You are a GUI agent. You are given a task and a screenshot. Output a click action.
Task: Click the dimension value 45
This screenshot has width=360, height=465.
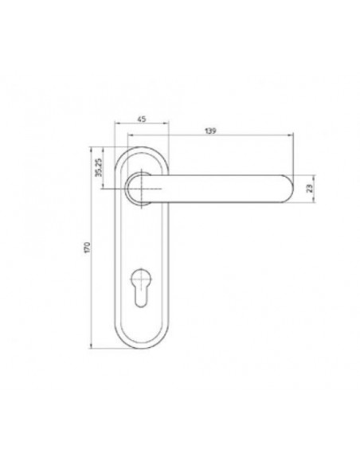142,119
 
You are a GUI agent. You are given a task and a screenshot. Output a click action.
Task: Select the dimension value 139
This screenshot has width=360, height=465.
210,131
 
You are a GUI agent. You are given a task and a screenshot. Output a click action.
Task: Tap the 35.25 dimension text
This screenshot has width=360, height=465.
99,167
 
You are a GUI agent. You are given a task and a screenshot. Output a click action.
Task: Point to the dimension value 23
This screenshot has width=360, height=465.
310,189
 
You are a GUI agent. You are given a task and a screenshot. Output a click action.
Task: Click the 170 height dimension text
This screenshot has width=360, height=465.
87,248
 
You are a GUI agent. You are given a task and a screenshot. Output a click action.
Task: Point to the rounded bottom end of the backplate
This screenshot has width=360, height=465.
142,348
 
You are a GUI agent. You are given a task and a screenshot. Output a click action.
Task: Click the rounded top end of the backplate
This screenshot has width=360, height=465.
142,147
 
